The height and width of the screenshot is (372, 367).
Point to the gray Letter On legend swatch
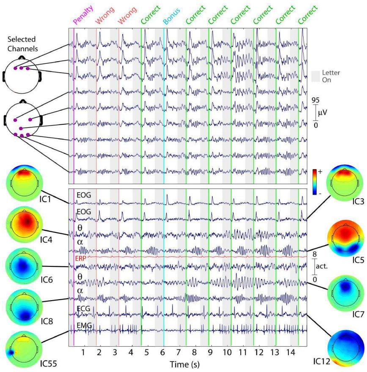(x=315, y=76)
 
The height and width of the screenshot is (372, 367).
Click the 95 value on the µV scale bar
(x=315, y=100)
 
